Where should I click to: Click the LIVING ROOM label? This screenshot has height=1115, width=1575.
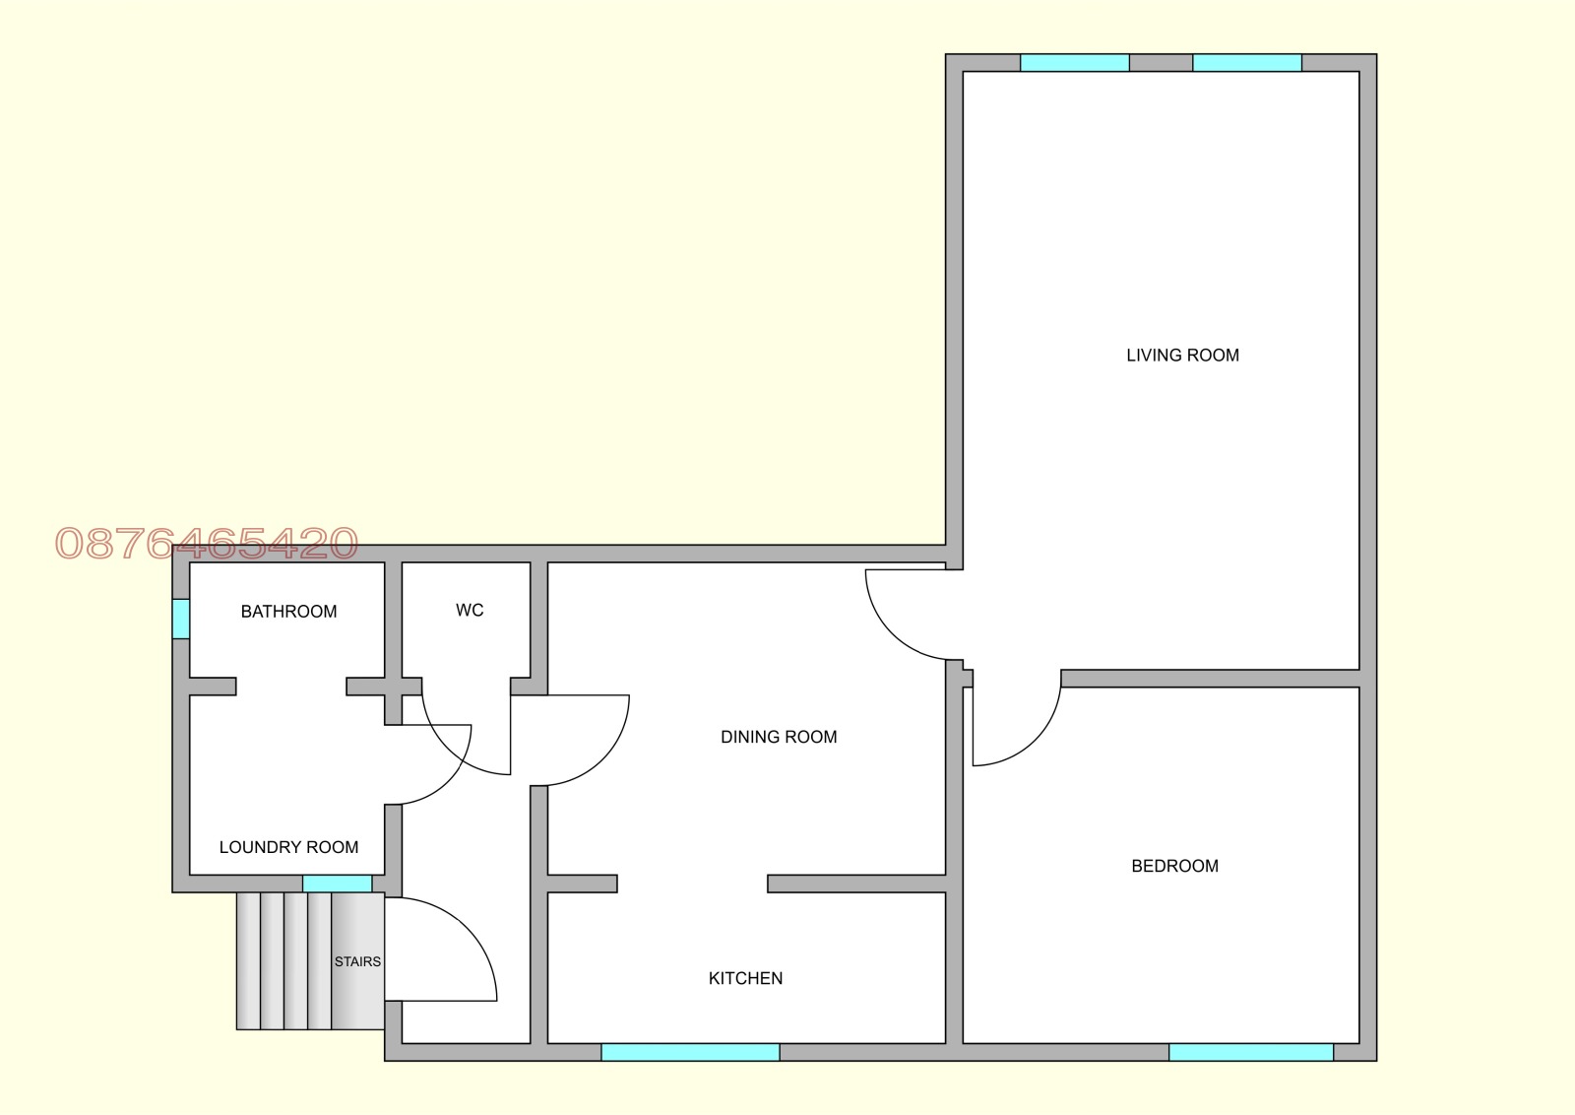click(x=1182, y=356)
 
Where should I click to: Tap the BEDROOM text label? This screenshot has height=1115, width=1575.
click(x=1175, y=866)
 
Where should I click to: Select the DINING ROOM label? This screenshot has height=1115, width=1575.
click(x=779, y=737)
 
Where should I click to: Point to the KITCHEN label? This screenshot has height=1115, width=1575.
click(x=745, y=978)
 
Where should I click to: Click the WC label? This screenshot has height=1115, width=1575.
click(x=470, y=610)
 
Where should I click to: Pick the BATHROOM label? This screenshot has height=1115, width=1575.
click(x=289, y=612)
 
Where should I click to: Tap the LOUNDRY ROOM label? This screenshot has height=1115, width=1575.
click(x=289, y=847)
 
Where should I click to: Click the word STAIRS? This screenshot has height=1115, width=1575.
click(x=358, y=961)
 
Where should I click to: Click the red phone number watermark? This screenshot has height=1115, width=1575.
click(x=207, y=543)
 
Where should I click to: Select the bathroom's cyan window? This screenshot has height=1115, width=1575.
click(x=181, y=619)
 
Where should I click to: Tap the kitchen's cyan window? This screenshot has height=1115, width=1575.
click(x=690, y=1052)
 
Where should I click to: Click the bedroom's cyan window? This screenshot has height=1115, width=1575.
click(x=1251, y=1052)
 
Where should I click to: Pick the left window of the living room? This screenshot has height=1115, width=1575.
click(x=1075, y=63)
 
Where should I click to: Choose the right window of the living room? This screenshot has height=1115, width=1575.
click(x=1247, y=63)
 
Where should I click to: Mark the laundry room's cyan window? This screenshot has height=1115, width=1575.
click(x=338, y=884)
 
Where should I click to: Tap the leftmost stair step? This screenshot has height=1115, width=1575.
click(x=248, y=961)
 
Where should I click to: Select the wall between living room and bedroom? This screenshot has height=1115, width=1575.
click(x=1210, y=678)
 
